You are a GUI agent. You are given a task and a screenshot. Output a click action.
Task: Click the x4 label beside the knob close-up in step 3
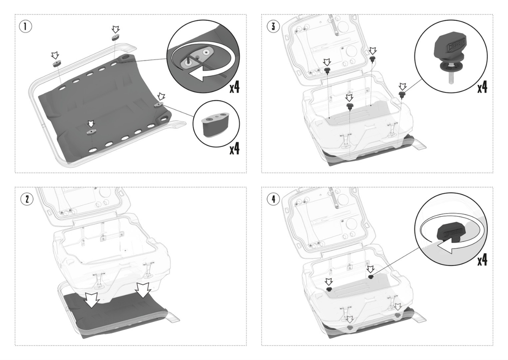[482, 87]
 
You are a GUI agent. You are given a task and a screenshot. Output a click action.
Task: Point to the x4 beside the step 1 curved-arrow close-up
[234, 87]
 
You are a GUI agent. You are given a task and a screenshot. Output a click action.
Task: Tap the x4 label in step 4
[482, 260]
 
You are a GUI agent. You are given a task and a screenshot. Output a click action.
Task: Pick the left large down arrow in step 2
[92, 300]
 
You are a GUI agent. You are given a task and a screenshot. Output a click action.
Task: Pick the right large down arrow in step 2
[143, 290]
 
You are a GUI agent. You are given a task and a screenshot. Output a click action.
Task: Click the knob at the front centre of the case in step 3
[350, 106]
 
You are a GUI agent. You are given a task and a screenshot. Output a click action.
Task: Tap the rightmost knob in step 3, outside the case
[402, 95]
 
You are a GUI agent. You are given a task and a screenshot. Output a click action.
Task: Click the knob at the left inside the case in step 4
[329, 289]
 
